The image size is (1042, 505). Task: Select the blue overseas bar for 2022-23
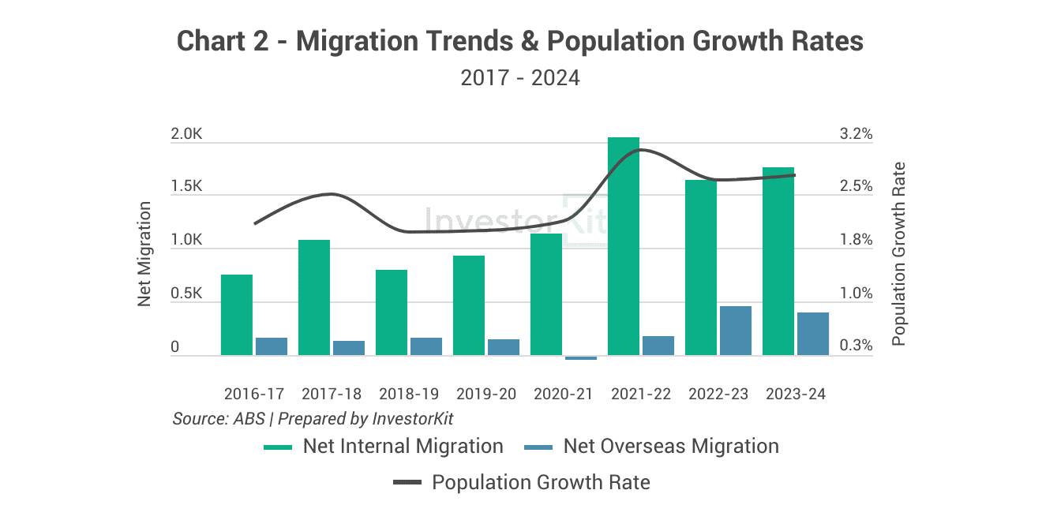735,331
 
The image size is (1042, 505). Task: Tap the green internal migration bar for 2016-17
236,315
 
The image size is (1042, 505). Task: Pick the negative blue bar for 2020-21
580,357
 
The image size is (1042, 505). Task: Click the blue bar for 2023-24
812,334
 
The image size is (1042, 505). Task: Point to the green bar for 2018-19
391,312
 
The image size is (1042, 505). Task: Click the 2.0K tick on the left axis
187,134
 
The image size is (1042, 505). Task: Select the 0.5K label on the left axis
187,294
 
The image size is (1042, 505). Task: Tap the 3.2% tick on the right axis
856,134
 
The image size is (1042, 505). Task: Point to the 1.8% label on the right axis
856,240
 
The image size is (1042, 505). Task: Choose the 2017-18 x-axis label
331,394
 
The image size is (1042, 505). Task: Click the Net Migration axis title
144,254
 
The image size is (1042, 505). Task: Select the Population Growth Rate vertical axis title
898,254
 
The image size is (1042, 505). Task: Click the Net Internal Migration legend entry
384,447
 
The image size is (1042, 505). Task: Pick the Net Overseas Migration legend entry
651,447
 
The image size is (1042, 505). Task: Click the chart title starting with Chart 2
520,41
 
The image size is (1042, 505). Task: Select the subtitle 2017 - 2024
520,78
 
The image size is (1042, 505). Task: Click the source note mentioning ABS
313,418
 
